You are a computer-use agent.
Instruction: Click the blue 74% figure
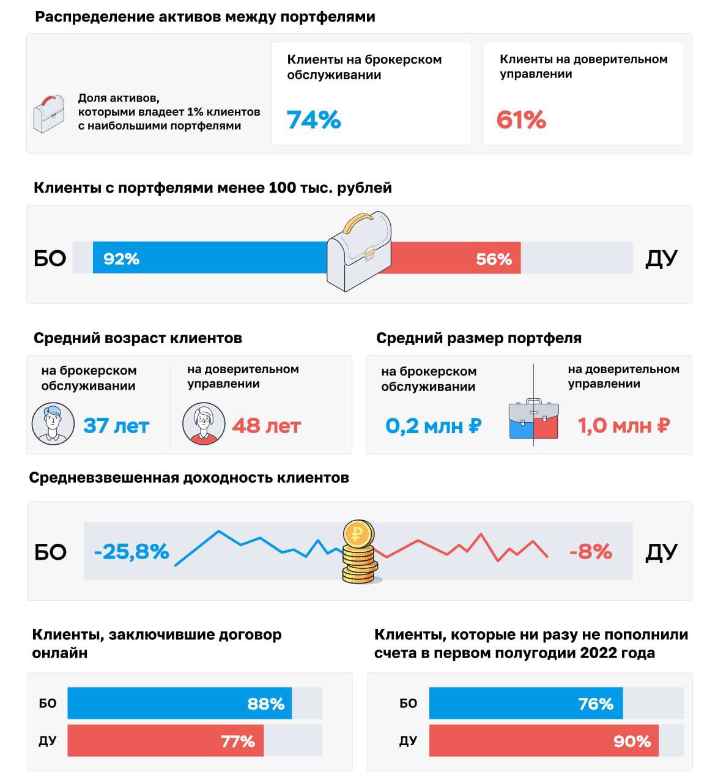click(314, 120)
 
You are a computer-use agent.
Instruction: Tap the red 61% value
click(521, 120)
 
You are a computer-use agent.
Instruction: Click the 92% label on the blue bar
click(121, 259)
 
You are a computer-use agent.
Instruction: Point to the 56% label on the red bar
click(494, 259)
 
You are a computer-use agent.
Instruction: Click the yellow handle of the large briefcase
click(359, 222)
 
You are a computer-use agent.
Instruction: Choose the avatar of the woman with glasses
click(204, 423)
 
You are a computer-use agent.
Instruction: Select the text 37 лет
click(116, 426)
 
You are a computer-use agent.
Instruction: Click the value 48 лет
click(267, 426)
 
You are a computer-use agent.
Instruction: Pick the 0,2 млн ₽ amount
click(433, 426)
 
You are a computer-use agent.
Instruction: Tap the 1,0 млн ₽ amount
click(624, 426)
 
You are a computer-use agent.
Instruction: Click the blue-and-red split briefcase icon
click(533, 420)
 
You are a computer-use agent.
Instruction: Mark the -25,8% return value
click(131, 552)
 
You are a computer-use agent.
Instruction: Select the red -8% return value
click(590, 552)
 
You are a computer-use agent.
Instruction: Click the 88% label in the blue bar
click(266, 704)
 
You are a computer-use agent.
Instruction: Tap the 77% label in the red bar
click(238, 741)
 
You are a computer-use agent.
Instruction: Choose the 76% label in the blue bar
click(596, 704)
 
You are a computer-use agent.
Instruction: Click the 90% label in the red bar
click(632, 741)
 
